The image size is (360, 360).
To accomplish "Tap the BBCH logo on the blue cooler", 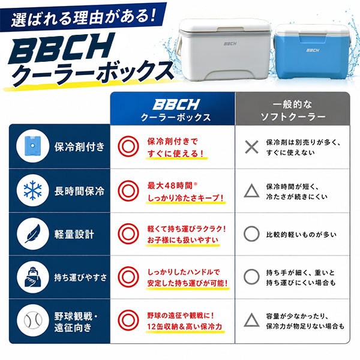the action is pos(313,50).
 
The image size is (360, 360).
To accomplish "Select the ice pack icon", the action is pos(32,146).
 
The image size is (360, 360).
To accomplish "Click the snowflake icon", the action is pos(33,190).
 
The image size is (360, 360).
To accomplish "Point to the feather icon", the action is pos(33,234).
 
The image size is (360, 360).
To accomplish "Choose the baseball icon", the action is pos(33,320).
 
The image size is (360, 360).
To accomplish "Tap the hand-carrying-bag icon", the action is pos(33,277).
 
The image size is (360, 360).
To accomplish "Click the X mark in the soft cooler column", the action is pos(251,147).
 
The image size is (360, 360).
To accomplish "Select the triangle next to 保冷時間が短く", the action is pos(251,191).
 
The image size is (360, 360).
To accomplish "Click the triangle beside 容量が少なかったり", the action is pos(251,320).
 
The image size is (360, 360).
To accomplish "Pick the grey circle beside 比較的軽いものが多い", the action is pos(251,234).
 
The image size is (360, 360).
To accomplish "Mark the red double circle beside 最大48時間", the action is pos(128,191).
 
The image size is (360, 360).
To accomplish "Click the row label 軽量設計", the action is pos(74,235).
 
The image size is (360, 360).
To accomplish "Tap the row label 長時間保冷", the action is pos(79,191).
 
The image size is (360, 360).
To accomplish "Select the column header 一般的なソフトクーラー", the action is pos(293,110).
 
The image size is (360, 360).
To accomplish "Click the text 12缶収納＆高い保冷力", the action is pos(185,326).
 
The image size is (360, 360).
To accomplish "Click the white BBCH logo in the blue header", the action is pos(176,104).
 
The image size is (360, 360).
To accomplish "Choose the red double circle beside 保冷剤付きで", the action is pos(128,146).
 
